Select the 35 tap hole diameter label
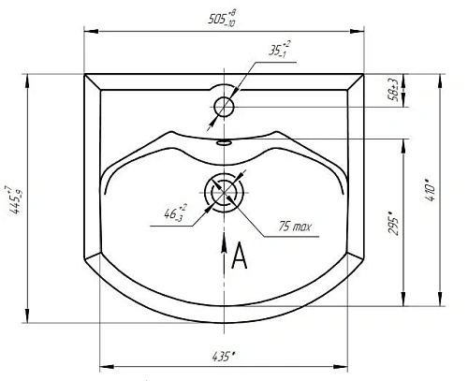pyautogui.click(x=278, y=51)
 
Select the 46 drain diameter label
pyautogui.click(x=175, y=213)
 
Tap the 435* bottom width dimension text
pyautogui.click(x=223, y=355)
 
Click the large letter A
pyautogui.click(x=239, y=255)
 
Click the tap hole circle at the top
pyautogui.click(x=224, y=107)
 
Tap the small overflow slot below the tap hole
pyautogui.click(x=224, y=143)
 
